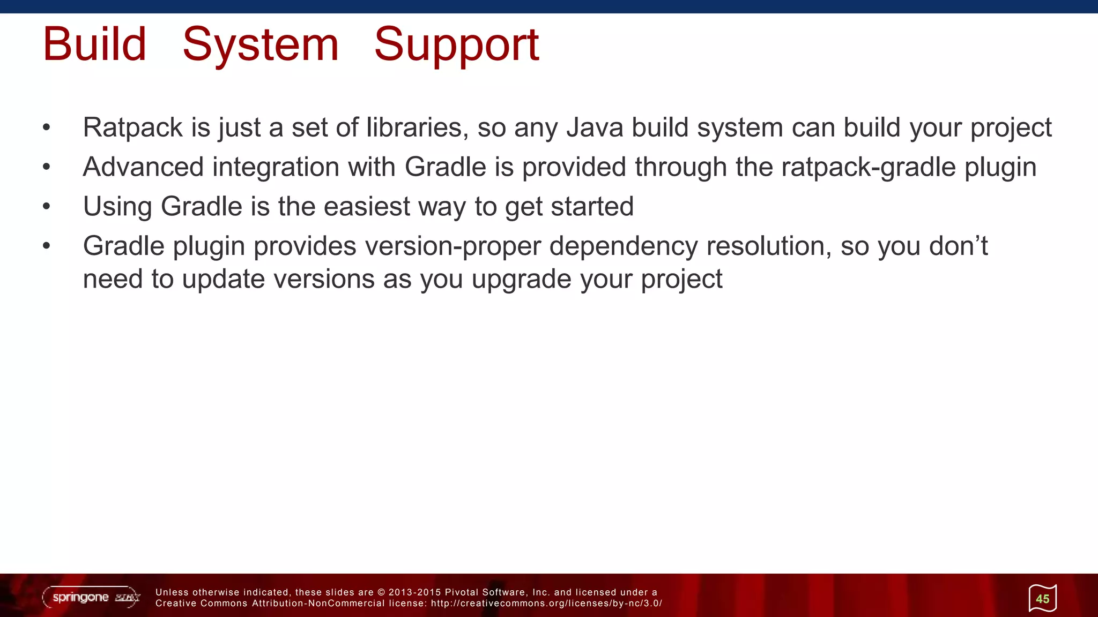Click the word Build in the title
click(94, 44)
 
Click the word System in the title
click(261, 44)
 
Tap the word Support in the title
click(456, 44)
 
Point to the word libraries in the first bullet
click(414, 128)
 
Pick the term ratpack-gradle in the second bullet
click(869, 167)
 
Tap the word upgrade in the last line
click(521, 280)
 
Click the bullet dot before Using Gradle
click(47, 207)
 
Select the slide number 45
click(1042, 599)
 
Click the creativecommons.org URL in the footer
click(546, 604)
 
